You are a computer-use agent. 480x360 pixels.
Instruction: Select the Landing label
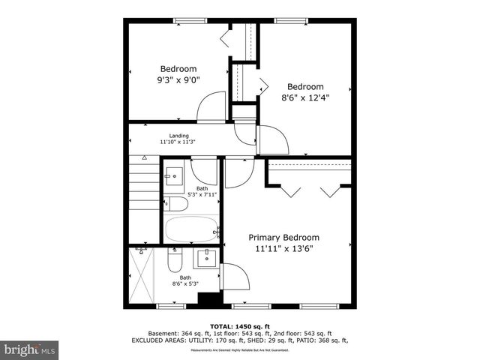point(178,136)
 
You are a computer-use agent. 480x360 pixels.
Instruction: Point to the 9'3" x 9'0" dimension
point(178,79)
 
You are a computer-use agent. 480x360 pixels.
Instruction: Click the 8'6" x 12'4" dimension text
point(305,97)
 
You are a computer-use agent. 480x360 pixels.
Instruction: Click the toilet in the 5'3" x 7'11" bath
point(178,204)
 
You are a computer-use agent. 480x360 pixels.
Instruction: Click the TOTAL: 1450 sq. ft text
point(241,325)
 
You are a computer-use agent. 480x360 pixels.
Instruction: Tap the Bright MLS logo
point(31,349)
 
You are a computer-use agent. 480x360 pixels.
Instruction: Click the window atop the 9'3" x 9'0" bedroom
point(190,20)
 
